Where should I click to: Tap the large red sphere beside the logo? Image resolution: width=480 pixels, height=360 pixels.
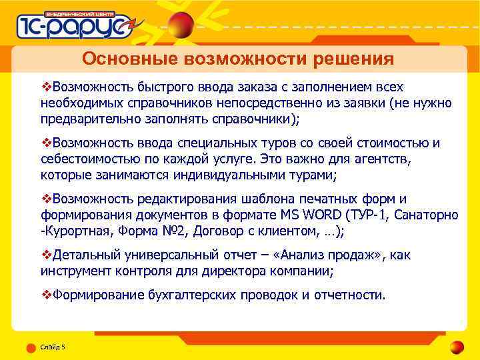coord(181,25)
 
